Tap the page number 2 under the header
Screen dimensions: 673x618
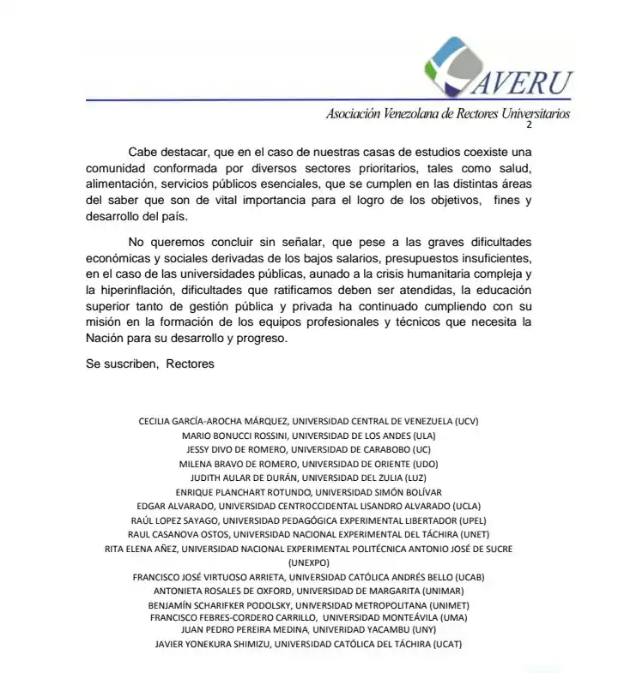[529, 125]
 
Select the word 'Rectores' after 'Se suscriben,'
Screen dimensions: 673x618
[190, 364]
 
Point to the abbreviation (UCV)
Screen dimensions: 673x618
[464, 422]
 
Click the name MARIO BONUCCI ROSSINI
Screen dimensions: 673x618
[236, 436]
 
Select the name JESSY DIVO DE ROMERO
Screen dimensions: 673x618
[236, 449]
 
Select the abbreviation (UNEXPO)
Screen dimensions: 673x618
[309, 562]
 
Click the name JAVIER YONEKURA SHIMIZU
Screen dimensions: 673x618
[212, 644]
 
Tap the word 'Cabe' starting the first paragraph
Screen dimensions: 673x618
[144, 151]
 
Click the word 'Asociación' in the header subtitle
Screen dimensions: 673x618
[352, 114]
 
